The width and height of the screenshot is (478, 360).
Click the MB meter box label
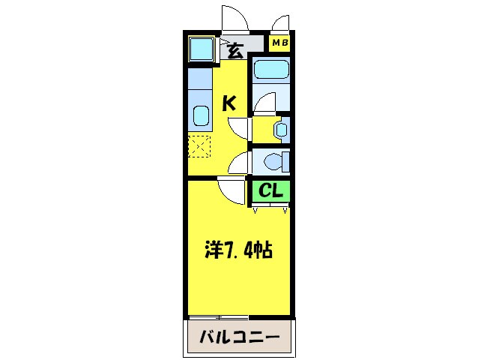[x=279, y=43]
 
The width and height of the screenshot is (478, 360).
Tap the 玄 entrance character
[x=235, y=52]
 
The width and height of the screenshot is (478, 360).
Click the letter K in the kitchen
[x=229, y=103]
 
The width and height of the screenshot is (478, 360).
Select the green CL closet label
[x=270, y=192]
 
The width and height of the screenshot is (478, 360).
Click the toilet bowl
[x=276, y=160]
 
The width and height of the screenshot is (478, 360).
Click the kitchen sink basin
[x=200, y=116]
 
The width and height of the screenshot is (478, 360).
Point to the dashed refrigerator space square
[x=199, y=145]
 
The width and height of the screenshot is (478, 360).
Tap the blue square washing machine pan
[x=200, y=49]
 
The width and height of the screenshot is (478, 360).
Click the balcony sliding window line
[x=218, y=318]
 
